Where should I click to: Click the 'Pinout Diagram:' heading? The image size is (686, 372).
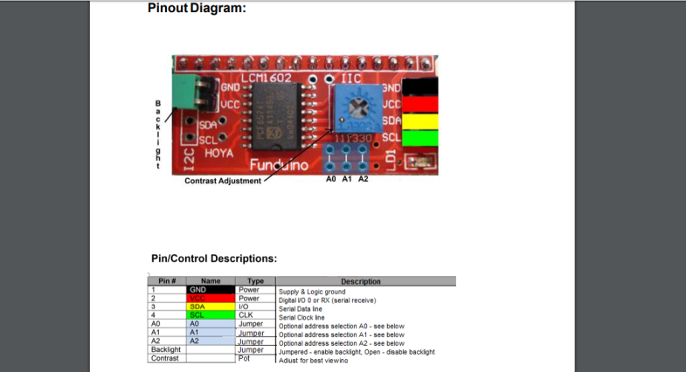197,9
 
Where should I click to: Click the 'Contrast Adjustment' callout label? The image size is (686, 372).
223,181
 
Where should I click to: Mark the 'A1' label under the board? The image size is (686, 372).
347,180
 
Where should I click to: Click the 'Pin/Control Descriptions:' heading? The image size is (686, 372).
214,258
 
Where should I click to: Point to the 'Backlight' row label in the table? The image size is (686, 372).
166,349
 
